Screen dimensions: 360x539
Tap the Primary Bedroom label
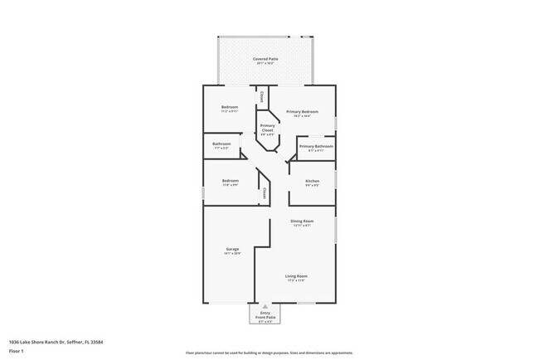(x=303, y=111)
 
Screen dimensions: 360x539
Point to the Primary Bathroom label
(x=316, y=146)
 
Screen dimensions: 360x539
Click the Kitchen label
(x=312, y=181)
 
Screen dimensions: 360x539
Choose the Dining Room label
(x=301, y=221)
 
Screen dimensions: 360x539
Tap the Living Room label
(x=296, y=276)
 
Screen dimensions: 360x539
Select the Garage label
(x=232, y=249)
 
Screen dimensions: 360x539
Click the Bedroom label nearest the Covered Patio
(x=230, y=108)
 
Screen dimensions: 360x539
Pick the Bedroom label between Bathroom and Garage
(x=231, y=181)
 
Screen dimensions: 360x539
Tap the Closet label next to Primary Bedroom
(x=262, y=97)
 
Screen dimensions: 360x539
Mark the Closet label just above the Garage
(x=264, y=193)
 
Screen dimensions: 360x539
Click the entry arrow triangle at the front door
(x=265, y=306)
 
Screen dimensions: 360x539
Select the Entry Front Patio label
(x=265, y=315)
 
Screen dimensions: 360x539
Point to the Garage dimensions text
(x=232, y=254)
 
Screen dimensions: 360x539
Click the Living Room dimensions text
(x=296, y=281)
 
